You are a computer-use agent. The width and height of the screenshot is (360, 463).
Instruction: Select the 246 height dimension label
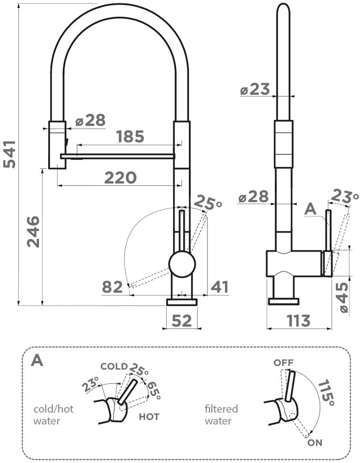click(x=33, y=231)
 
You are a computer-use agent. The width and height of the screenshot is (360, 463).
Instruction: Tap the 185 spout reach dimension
click(x=130, y=137)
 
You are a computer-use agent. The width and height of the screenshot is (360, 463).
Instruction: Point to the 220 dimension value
click(x=120, y=177)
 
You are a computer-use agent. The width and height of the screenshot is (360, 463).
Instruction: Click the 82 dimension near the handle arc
click(x=112, y=287)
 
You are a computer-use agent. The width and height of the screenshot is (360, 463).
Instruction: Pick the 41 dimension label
click(x=220, y=287)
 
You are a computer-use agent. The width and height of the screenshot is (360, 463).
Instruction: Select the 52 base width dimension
click(x=181, y=320)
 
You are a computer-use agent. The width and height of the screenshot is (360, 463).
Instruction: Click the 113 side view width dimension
click(x=298, y=320)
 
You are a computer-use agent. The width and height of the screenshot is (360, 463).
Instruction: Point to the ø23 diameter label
click(x=255, y=90)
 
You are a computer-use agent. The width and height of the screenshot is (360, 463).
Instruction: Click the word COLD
click(x=114, y=367)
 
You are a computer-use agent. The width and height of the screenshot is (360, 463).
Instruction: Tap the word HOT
click(x=149, y=416)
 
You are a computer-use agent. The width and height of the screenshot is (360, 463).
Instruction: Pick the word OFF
click(x=284, y=363)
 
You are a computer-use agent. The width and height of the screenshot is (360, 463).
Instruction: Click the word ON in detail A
click(x=316, y=443)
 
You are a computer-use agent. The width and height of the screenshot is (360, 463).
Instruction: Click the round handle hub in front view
click(x=182, y=264)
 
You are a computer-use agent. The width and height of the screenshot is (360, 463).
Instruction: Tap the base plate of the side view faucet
click(x=284, y=301)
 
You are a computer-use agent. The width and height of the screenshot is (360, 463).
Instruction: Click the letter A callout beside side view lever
click(x=310, y=210)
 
